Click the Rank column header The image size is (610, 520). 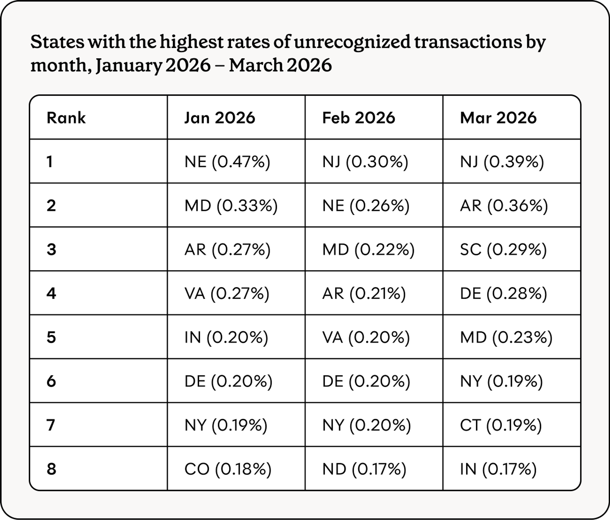[66, 118]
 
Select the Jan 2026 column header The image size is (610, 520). [220, 118]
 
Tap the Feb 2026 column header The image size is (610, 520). [358, 118]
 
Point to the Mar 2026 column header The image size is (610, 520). [498, 118]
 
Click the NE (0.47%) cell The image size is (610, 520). [227, 162]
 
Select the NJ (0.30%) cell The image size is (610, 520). [365, 162]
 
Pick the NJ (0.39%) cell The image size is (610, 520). [502, 162]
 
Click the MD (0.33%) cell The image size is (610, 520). [231, 206]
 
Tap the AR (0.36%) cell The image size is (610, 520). [504, 206]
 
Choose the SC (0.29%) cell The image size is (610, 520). [503, 250]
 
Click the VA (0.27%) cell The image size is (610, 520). [227, 294]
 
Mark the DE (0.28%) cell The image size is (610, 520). [504, 294]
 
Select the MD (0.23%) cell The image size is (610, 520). [506, 337]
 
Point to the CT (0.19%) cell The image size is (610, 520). [501, 425]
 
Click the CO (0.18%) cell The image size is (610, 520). [228, 469]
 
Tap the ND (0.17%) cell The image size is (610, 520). [364, 469]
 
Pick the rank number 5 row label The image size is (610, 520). [51, 337]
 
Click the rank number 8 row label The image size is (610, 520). [51, 469]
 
